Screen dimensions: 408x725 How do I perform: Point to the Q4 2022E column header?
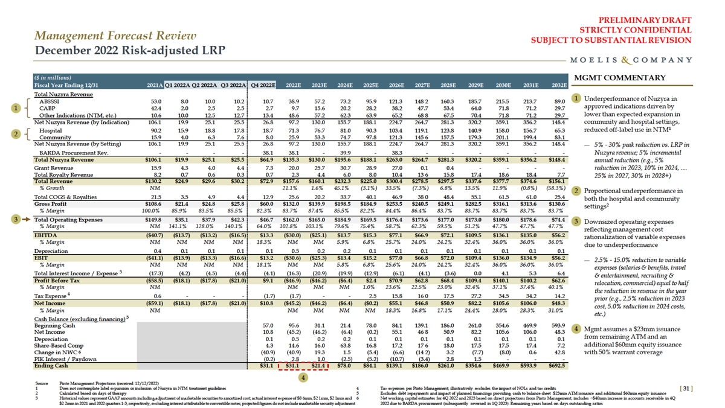pyautogui.click(x=263, y=85)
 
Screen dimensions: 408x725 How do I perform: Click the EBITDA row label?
pyautogui.click(x=45, y=234)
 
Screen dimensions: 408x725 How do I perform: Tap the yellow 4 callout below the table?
pyautogui.click(x=303, y=377)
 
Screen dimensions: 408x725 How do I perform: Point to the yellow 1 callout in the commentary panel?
pyautogui.click(x=578, y=98)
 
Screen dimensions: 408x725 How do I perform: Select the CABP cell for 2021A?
pyautogui.click(x=155, y=109)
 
